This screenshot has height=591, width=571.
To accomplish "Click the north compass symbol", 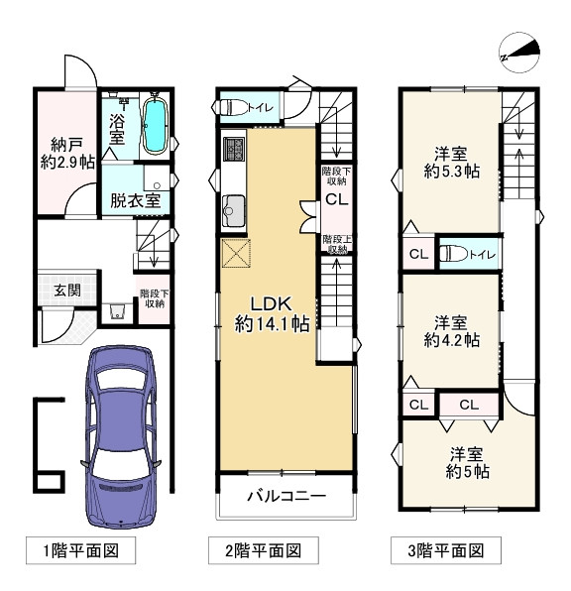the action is [x=519, y=53].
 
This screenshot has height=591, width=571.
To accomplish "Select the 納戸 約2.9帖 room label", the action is [x=67, y=154].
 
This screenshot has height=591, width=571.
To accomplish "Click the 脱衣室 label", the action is [x=135, y=201].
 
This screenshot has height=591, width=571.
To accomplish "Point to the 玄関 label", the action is [x=67, y=290].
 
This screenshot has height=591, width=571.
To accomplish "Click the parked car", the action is [x=121, y=436].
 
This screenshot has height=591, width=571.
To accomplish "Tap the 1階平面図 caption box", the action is [x=80, y=550].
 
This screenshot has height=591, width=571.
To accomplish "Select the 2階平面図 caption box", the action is [x=264, y=550].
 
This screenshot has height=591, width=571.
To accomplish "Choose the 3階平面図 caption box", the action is [x=446, y=550].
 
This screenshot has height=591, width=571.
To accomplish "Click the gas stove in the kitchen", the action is [x=234, y=149].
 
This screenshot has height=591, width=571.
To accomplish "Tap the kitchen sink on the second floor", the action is [x=233, y=211].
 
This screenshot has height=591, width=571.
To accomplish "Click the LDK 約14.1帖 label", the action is [x=273, y=314].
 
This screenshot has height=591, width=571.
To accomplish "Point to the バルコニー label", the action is [x=286, y=496].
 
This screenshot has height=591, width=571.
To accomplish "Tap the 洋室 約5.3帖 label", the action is [x=451, y=163].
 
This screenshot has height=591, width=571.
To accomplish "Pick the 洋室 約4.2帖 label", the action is [x=451, y=331].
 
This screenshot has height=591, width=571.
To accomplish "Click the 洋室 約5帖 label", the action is [x=467, y=463].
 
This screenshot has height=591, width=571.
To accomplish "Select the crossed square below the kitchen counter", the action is [x=236, y=253].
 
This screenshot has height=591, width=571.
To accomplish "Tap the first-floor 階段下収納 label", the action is [x=155, y=298].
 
